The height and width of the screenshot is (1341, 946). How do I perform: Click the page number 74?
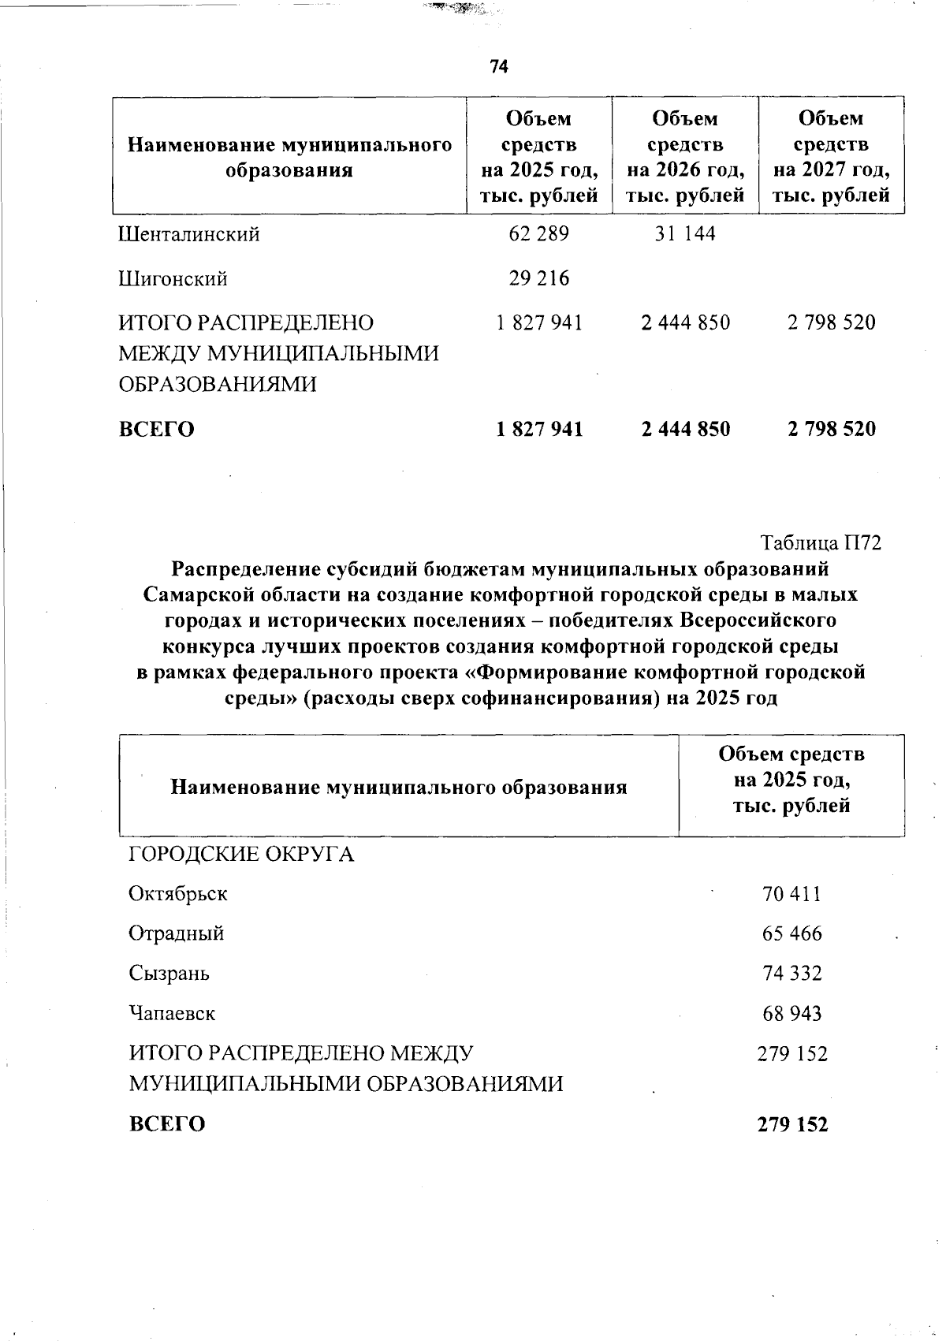(499, 67)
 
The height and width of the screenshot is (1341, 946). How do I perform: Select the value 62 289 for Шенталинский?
(539, 234)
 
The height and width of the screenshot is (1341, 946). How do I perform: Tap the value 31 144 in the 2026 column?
(685, 234)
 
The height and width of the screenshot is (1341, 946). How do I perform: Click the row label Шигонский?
(173, 279)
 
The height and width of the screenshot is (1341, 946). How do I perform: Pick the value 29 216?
(539, 278)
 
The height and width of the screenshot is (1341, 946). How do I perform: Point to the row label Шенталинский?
(189, 235)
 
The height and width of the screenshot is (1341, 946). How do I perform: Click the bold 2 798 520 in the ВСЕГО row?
(832, 429)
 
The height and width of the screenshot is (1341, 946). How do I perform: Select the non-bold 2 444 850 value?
(686, 322)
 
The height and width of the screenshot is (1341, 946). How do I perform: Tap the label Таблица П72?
(821, 543)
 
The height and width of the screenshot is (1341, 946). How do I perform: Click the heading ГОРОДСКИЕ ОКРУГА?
(241, 855)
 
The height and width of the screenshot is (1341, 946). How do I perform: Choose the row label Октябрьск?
(178, 895)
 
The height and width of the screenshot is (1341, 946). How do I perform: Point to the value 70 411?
(792, 895)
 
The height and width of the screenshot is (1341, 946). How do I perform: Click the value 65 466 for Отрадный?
(792, 934)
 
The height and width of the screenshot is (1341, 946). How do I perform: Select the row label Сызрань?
(169, 974)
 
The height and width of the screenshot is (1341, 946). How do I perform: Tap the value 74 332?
(792, 974)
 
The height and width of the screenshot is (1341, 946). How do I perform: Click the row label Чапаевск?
(172, 1013)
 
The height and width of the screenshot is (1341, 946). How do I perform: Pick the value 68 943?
(792, 1013)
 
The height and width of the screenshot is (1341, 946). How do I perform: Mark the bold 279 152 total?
(793, 1125)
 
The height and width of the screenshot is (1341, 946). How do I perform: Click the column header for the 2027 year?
(832, 156)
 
